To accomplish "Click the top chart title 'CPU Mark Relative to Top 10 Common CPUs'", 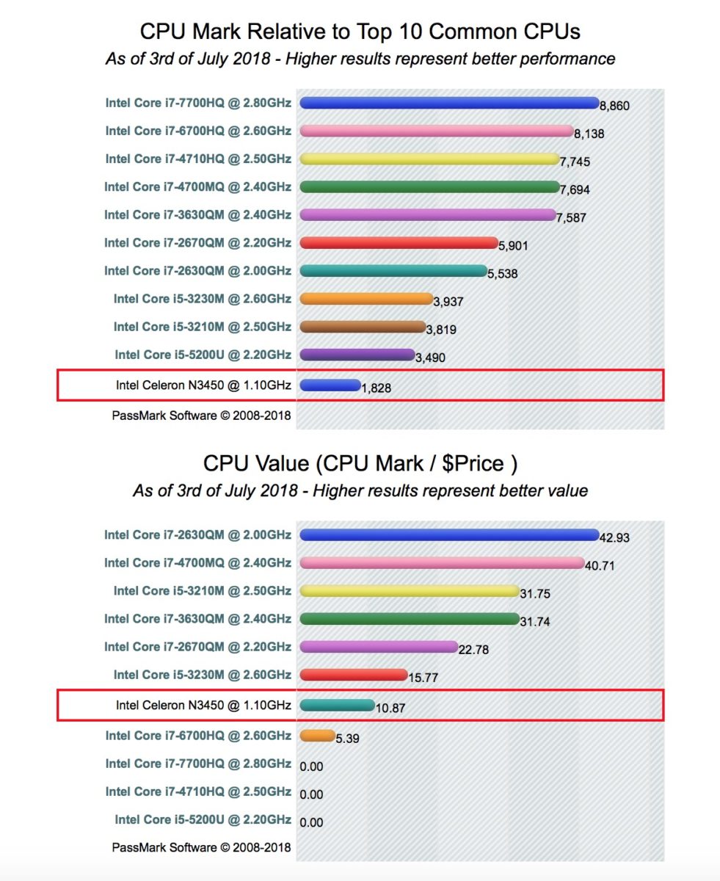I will point(360,32).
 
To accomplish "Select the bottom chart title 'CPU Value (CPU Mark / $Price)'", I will point(360,463).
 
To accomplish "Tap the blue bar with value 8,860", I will point(449,103).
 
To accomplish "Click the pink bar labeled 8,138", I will point(436,131).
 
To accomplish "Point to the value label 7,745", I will point(575,162).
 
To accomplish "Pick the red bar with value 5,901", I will point(399,242).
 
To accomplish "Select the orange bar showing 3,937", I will point(367,298).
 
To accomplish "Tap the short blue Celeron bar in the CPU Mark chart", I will point(330,385).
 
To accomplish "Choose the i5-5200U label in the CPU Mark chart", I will point(203,355).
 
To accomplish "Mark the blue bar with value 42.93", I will point(449,534).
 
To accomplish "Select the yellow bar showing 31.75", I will point(410,591).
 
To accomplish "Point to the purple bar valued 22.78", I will point(379,646).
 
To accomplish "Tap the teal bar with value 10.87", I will point(337,706).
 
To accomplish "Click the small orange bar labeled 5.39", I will point(317,735).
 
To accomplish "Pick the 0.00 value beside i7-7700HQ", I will point(311,766).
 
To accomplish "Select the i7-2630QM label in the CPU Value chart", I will point(197,535).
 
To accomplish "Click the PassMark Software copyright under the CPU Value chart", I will point(201,847).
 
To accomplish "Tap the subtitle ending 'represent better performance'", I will point(360,59).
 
